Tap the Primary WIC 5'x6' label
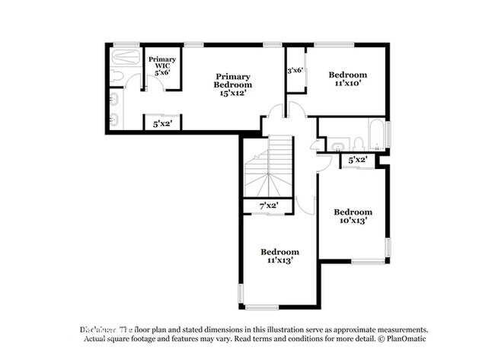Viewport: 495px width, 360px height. click(163, 65)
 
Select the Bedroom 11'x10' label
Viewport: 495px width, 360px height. click(348, 79)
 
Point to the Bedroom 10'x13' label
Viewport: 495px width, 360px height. click(353, 216)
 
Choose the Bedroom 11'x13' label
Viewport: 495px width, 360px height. click(279, 256)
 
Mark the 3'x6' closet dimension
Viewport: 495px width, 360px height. click(295, 70)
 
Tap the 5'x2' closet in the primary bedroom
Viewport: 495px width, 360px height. click(162, 123)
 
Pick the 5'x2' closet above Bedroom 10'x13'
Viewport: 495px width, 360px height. click(358, 160)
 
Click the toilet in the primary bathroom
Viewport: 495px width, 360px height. click(117, 75)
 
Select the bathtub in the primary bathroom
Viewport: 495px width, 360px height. click(124, 56)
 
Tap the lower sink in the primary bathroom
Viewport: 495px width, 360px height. click(114, 118)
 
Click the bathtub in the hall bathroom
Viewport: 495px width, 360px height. click(376, 135)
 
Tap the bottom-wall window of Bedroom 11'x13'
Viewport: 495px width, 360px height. click(261, 307)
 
